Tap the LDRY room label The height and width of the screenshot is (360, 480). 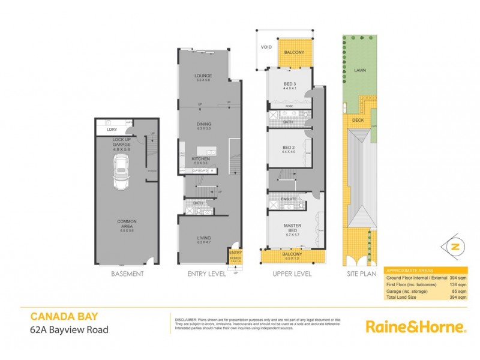[112, 129]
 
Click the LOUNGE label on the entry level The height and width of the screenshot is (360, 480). [203, 76]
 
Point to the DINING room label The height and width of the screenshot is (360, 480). [203, 125]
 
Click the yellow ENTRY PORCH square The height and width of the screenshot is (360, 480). [235, 257]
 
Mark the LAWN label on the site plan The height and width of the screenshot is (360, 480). [360, 70]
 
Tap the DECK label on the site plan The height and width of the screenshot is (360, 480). [358, 120]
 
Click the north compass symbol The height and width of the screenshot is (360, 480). [455, 247]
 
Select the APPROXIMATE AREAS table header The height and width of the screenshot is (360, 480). [408, 271]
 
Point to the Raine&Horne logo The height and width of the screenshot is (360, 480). [415, 327]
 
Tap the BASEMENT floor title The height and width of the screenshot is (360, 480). [127, 274]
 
